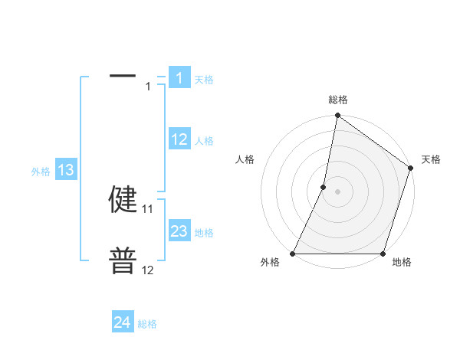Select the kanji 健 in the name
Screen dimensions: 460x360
123,199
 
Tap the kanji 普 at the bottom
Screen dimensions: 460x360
123,260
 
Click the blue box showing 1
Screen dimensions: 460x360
179,78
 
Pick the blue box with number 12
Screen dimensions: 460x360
179,139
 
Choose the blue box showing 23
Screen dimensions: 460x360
179,231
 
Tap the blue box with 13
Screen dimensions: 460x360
66,170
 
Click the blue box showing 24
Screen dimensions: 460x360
123,322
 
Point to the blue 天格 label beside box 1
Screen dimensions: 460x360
204,80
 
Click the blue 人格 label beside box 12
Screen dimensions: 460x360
204,141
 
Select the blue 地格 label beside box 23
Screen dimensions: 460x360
204,233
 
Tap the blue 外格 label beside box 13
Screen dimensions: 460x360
41,172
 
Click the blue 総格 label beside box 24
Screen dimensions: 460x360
147,324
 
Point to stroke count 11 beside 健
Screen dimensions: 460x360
148,208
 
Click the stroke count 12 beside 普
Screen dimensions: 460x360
148,270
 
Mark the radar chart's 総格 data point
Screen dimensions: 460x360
337,116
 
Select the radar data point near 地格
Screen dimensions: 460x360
383,254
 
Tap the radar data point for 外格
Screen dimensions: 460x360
293,254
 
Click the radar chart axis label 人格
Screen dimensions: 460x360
245,159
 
